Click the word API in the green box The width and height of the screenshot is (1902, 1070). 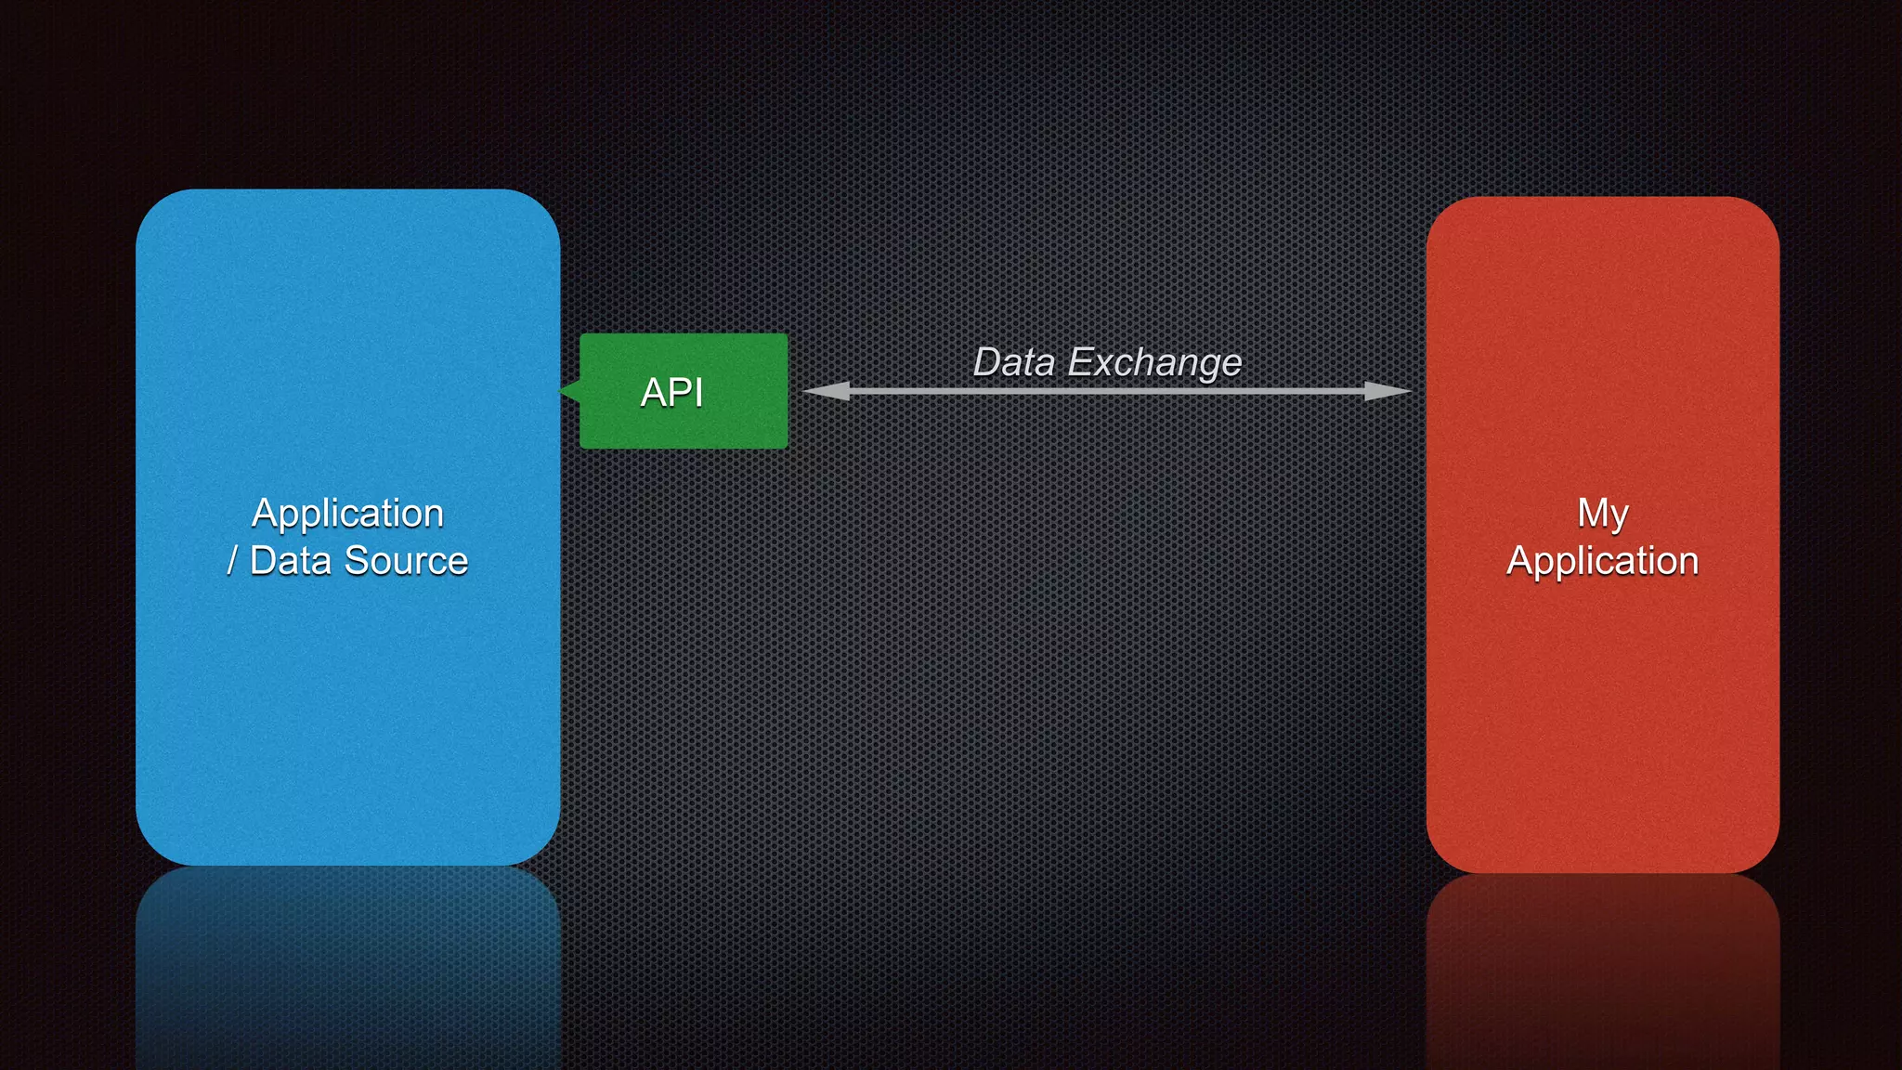click(671, 393)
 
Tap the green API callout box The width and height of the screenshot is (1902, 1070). click(724, 423)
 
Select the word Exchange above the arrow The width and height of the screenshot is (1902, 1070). click(1154, 362)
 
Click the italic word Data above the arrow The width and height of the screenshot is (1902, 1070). click(1013, 362)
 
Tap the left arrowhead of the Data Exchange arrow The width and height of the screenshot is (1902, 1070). click(827, 391)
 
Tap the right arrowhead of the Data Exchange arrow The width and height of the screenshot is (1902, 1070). click(1387, 391)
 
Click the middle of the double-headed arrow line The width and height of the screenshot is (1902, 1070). click(1107, 391)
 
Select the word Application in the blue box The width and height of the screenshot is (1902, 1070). click(347, 514)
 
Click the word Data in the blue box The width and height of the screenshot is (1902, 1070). click(290, 561)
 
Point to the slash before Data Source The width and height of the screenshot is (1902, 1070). click(232, 561)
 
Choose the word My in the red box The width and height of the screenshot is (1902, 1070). click(1603, 514)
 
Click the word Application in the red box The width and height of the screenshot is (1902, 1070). click(1603, 561)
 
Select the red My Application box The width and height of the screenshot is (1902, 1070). click(1603, 724)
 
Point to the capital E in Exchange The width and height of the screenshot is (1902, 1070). click(1079, 362)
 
